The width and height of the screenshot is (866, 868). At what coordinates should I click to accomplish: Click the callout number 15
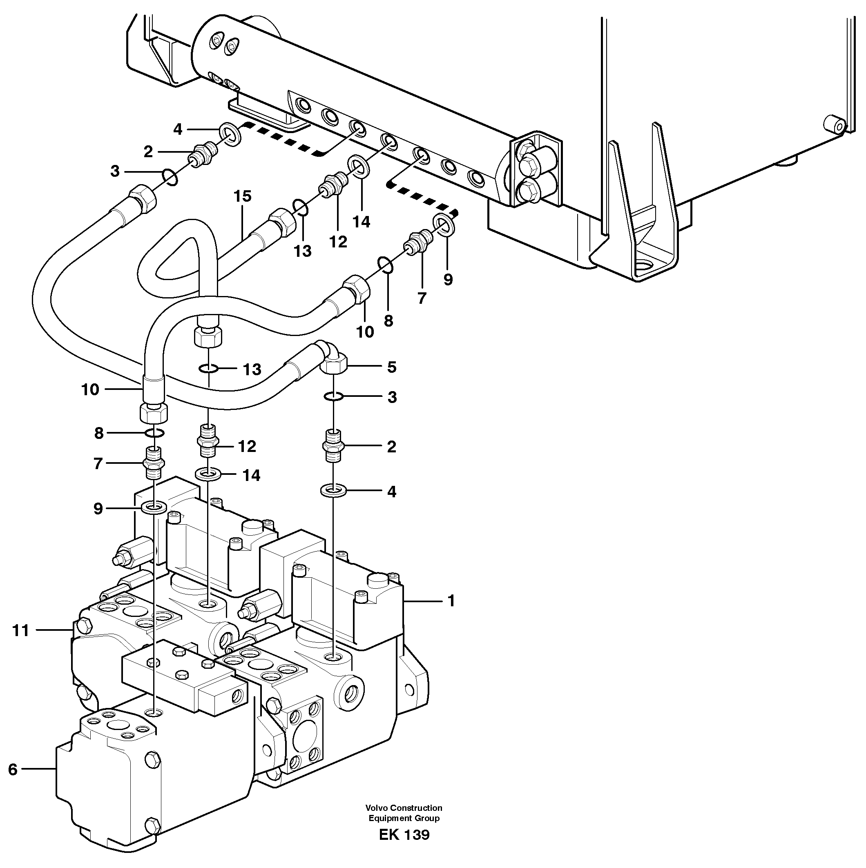click(x=242, y=196)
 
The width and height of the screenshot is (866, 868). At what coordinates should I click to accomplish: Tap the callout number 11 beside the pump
click(x=20, y=631)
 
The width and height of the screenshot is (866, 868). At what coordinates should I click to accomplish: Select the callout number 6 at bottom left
click(x=13, y=770)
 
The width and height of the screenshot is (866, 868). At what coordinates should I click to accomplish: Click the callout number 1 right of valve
click(x=451, y=601)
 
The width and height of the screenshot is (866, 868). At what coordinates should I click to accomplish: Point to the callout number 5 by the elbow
click(x=391, y=367)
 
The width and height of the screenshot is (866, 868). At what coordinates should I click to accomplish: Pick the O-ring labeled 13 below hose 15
click(x=208, y=369)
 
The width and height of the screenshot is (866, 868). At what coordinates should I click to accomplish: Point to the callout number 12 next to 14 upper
click(x=338, y=242)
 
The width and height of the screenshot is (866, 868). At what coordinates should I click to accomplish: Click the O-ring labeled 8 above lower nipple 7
click(x=154, y=433)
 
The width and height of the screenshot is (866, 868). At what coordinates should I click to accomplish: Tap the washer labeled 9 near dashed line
click(x=444, y=224)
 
